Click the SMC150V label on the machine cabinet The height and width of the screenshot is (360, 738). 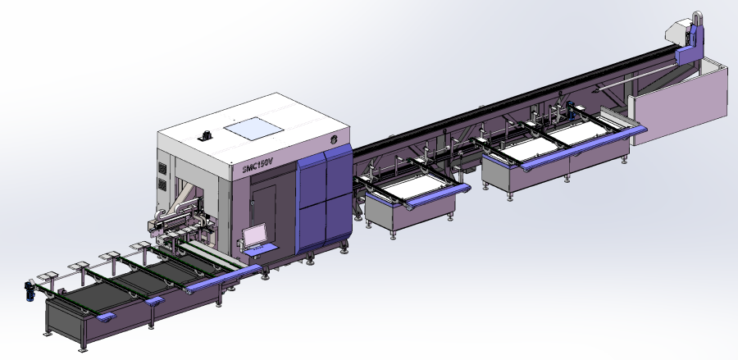pos(257,165)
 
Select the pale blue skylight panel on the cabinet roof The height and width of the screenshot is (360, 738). pos(253,129)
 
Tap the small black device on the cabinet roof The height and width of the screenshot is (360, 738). pos(205,135)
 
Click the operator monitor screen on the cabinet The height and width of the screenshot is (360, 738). pos(256,236)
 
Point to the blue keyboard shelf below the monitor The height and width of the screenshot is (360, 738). pos(260,249)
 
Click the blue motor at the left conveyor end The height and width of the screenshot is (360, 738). pos(30,291)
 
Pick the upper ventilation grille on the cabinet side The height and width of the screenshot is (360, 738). pos(162,168)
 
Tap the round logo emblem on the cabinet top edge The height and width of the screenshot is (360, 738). pos(334,139)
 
